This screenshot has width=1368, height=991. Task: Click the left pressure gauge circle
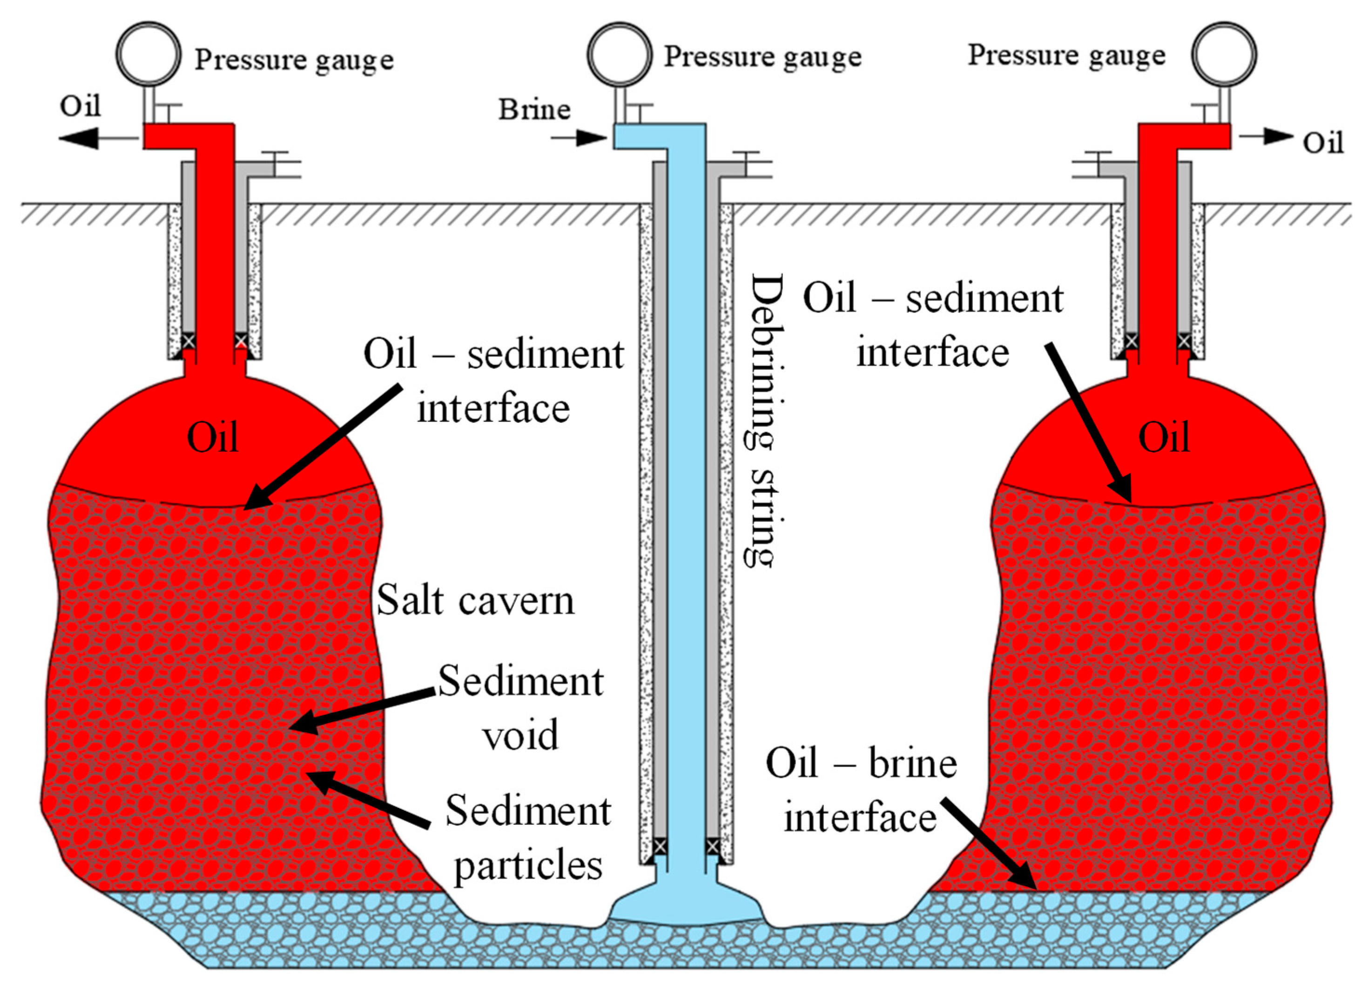(148, 55)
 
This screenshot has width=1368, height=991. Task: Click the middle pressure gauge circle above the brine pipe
(620, 55)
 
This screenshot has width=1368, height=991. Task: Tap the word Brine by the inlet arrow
(534, 110)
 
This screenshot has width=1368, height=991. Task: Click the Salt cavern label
(475, 601)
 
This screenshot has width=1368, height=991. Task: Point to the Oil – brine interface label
(861, 791)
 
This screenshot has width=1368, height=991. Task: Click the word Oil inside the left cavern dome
(212, 437)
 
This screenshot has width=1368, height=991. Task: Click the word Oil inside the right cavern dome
(1164, 437)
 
